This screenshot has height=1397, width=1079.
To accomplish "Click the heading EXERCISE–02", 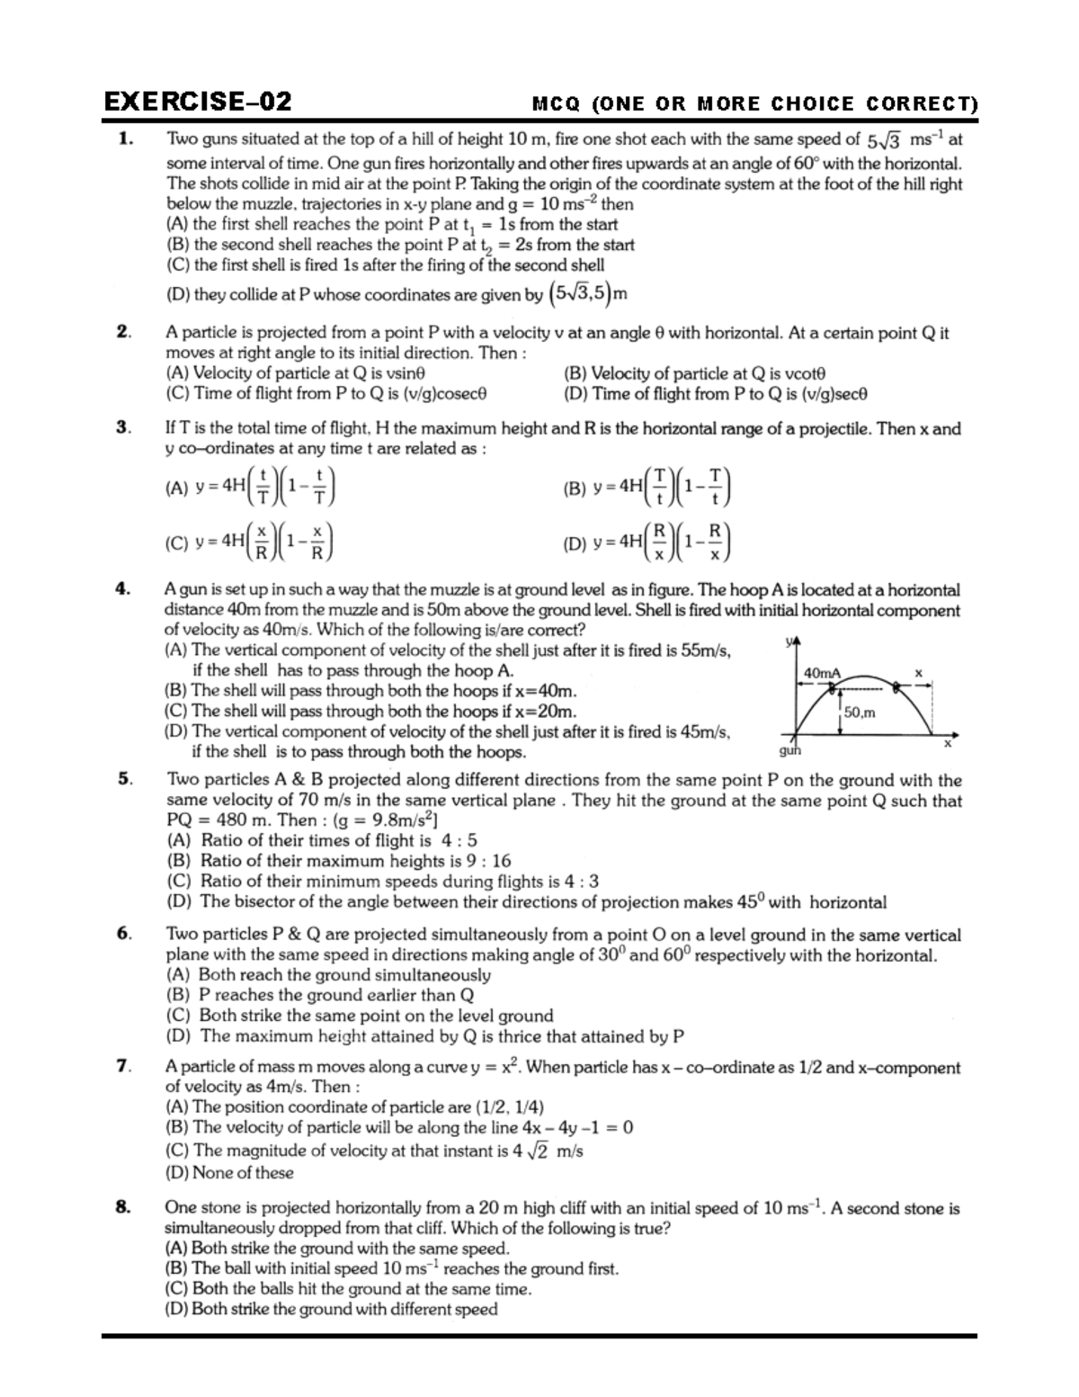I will (x=197, y=101).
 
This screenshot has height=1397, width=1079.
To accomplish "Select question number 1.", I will (x=125, y=139).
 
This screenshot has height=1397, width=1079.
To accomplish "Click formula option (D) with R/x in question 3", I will (x=647, y=542).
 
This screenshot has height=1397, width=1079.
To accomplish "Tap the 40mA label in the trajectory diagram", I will (x=822, y=673).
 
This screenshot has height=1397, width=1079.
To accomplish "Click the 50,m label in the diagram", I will (x=860, y=712).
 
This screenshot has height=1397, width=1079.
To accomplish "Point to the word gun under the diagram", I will (x=789, y=750).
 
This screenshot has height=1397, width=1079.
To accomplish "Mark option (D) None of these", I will (x=230, y=1173).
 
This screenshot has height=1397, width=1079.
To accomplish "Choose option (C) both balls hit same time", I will (x=348, y=1289).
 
